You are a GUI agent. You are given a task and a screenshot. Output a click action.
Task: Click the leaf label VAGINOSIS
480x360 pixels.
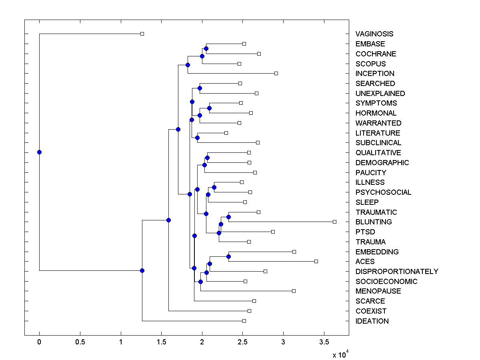click(374, 34)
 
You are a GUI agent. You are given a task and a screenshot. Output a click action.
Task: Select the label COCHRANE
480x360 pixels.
click(376, 54)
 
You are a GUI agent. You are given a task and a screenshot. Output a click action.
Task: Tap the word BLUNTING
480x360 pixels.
click(374, 222)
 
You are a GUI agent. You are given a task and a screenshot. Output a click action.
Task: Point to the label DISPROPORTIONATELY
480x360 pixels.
click(397, 272)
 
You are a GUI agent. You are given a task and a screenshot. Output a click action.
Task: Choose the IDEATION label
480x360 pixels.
click(372, 321)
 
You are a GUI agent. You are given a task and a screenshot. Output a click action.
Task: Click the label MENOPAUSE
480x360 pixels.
click(378, 291)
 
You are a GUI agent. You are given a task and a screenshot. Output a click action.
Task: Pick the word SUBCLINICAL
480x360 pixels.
click(378, 143)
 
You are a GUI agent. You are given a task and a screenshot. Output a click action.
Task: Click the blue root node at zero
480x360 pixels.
click(39, 152)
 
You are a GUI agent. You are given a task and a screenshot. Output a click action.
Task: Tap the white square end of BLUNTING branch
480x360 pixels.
click(335, 222)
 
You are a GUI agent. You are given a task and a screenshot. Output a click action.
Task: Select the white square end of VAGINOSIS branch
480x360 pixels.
click(142, 34)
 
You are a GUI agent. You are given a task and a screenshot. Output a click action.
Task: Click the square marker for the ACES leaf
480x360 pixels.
click(316, 261)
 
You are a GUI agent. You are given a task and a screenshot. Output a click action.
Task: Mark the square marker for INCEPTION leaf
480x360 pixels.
click(276, 73)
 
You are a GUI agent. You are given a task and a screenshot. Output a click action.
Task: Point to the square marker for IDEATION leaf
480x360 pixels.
click(244, 321)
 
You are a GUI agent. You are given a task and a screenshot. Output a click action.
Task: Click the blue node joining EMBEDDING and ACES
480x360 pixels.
click(228, 256)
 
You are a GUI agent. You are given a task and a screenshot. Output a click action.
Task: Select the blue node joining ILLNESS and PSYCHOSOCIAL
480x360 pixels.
click(214, 187)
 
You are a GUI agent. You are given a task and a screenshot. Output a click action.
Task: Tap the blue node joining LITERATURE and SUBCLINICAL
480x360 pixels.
click(197, 138)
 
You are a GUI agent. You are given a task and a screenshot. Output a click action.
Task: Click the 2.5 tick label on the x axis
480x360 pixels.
click(242, 342)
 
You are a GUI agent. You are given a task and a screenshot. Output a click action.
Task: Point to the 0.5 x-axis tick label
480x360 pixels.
click(80, 342)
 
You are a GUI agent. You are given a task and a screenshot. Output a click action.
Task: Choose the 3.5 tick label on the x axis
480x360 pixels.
click(324, 342)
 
